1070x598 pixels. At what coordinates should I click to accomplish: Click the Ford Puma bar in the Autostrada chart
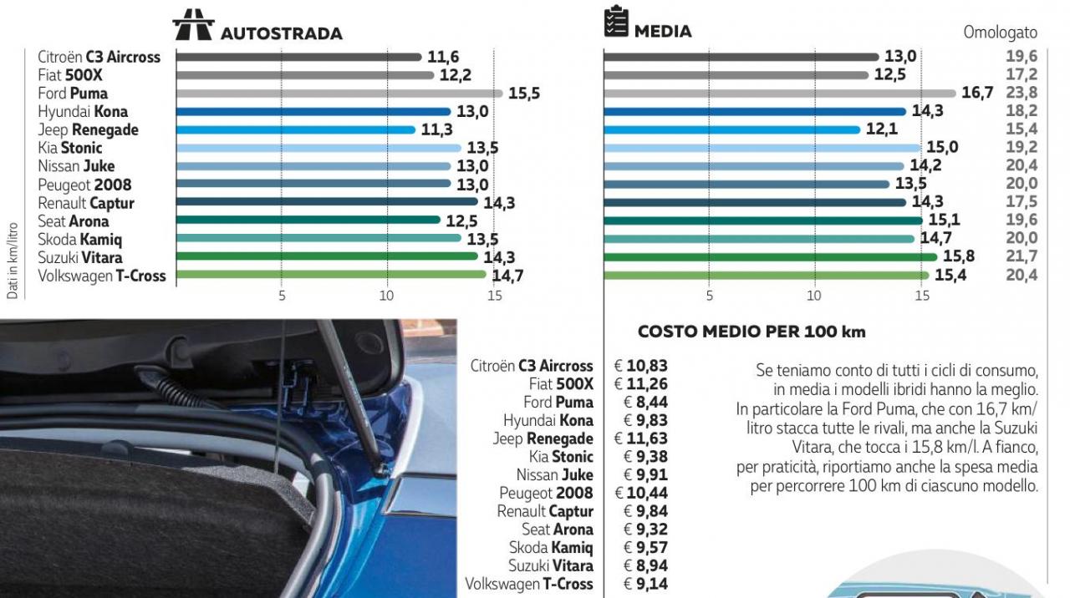339,94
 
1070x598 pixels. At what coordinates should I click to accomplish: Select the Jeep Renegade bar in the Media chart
731,130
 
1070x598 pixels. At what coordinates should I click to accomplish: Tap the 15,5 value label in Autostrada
524,94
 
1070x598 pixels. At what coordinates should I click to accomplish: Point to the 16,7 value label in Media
977,93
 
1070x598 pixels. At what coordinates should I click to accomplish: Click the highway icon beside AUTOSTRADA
193,26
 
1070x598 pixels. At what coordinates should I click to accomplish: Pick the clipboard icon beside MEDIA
616,23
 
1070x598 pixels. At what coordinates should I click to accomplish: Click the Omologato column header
1000,33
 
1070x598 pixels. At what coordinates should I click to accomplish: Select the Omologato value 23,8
1021,93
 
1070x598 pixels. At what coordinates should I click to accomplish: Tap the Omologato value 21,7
1021,256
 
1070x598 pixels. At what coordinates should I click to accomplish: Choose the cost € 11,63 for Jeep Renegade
641,438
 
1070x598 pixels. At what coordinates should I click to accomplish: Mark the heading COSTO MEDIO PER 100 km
751,332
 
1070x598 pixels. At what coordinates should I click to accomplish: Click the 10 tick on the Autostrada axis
386,296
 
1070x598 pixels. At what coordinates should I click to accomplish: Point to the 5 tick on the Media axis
709,296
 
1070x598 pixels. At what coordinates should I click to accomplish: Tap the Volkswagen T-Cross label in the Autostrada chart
102,276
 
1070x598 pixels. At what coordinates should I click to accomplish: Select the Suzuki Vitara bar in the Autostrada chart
339,256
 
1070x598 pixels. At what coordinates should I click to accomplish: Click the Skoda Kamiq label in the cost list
551,548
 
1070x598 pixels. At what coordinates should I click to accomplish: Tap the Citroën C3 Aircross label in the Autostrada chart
99,57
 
